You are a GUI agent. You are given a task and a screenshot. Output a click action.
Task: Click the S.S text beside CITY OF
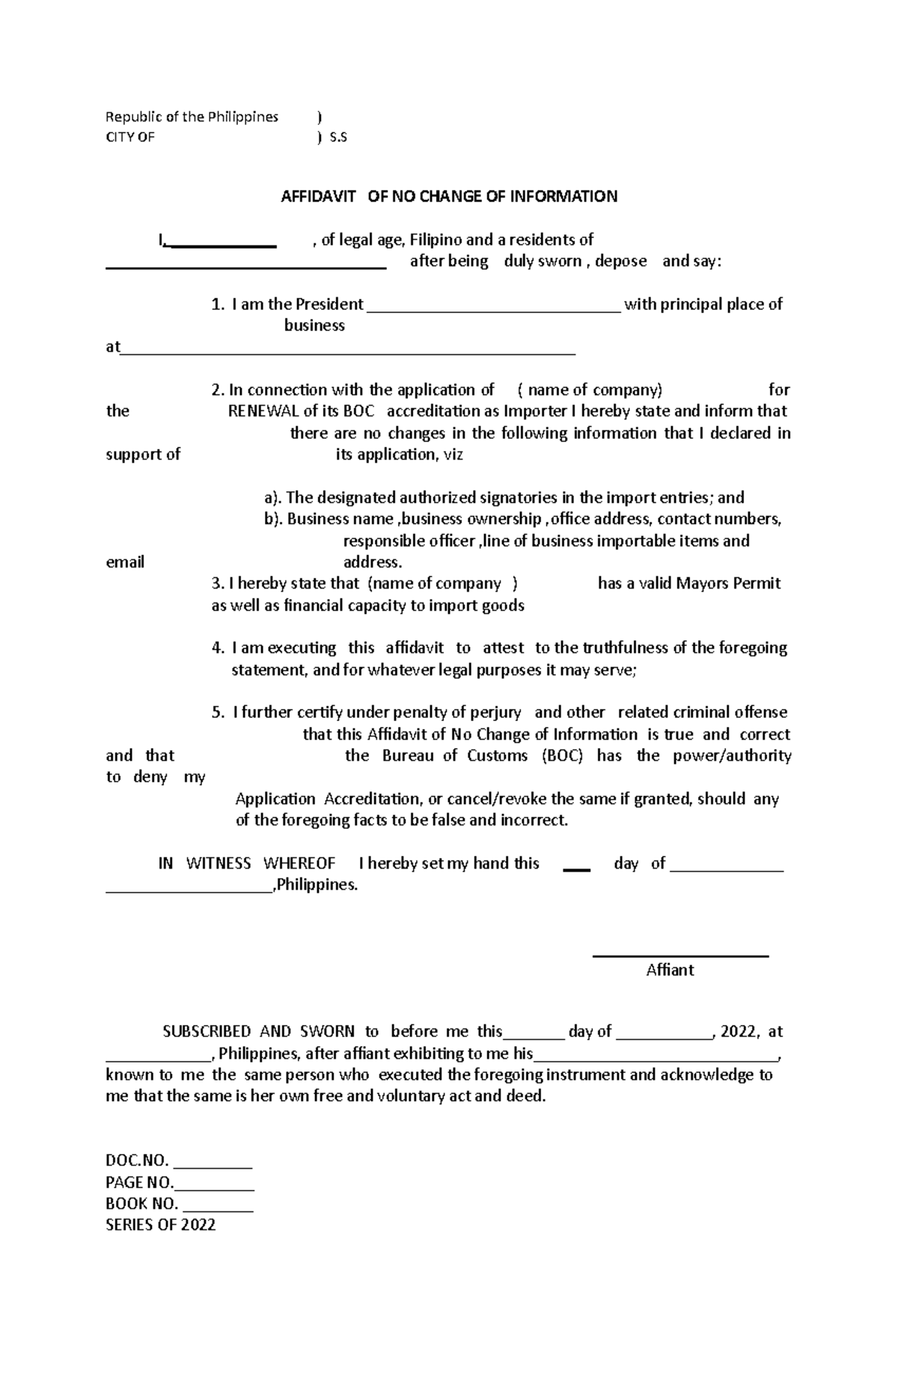(x=338, y=138)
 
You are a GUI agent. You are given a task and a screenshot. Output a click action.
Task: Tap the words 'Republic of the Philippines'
(x=192, y=117)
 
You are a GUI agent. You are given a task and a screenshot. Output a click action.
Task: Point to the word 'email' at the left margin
(x=125, y=562)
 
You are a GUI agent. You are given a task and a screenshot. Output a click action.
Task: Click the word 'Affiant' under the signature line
(x=670, y=970)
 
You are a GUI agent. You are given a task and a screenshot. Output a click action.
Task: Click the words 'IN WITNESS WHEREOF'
(x=246, y=863)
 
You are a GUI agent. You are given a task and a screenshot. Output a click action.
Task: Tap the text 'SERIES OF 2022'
(x=161, y=1226)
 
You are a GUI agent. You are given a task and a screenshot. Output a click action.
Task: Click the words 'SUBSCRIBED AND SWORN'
(x=259, y=1032)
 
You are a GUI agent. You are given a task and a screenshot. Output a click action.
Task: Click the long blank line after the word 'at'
(x=348, y=350)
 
